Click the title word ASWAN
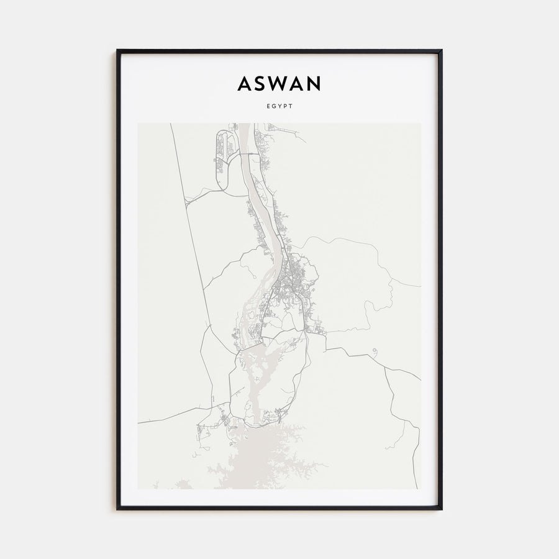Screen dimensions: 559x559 pyautogui.click(x=279, y=84)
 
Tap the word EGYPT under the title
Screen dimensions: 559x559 pyautogui.click(x=279, y=106)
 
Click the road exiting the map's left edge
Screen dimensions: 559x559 pyautogui.click(x=140, y=422)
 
